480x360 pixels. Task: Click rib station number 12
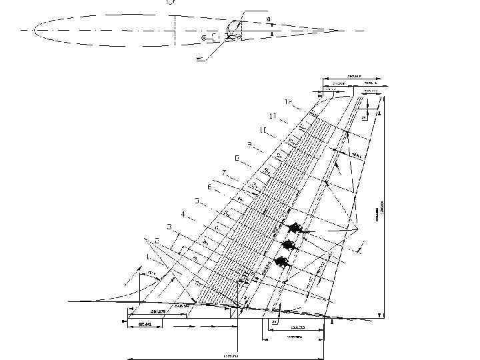[289, 101]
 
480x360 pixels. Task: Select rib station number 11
[272, 115]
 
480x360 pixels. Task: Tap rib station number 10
[263, 129]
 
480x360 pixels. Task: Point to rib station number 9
[249, 144]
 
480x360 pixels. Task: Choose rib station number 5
[197, 201]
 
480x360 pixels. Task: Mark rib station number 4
[183, 215]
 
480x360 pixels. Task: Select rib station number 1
[147, 256]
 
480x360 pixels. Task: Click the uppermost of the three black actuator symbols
[293, 228]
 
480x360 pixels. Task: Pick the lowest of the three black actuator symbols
[282, 261]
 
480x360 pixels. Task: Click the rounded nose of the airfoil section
[34, 30]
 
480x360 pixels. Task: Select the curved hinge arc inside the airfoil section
[230, 28]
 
